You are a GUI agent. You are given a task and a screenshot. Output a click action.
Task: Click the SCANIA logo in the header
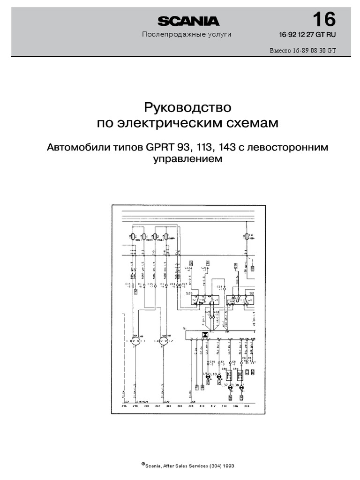pos(188,21)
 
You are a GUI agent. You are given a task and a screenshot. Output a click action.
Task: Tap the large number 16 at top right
pos(323,20)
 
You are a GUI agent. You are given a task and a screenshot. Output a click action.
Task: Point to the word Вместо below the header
pos(280,51)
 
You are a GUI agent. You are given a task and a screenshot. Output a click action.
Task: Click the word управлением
pos(187,159)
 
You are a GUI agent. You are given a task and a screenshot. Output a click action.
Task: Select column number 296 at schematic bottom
pos(124,406)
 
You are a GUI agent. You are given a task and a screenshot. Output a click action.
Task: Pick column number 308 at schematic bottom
pos(191,406)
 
